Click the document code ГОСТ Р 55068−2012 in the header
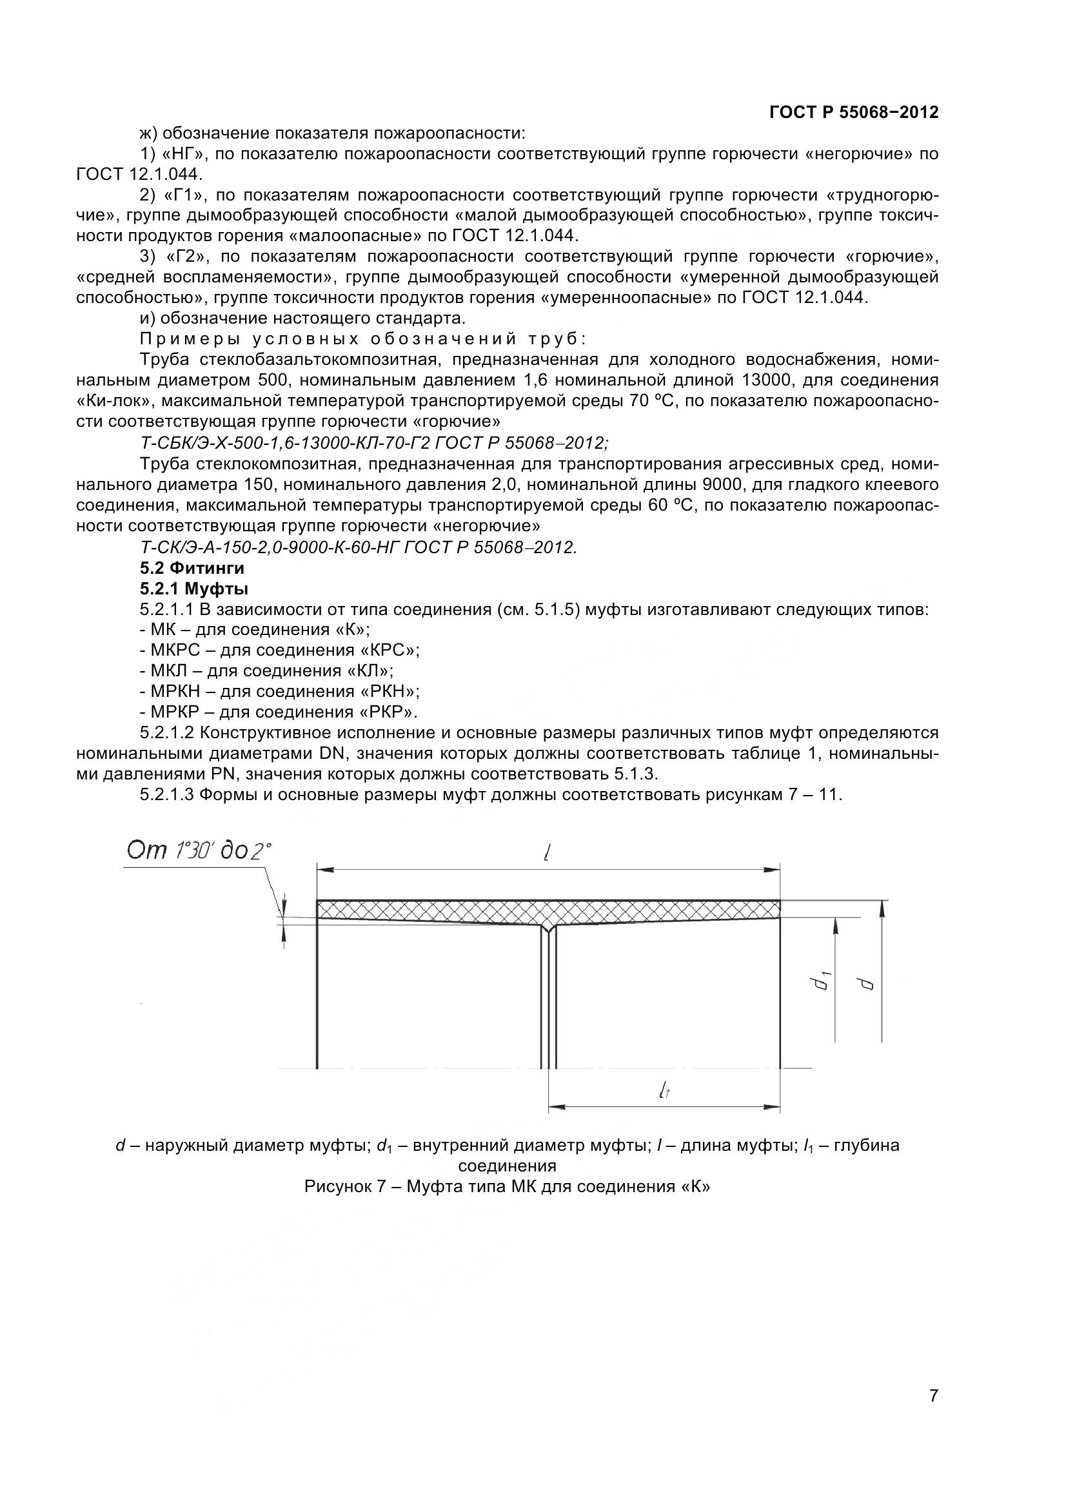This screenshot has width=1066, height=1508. [x=853, y=112]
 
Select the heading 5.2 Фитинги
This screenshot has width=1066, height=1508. [x=192, y=568]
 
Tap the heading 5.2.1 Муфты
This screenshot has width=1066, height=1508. [x=193, y=589]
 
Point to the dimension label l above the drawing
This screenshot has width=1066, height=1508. [x=546, y=852]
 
